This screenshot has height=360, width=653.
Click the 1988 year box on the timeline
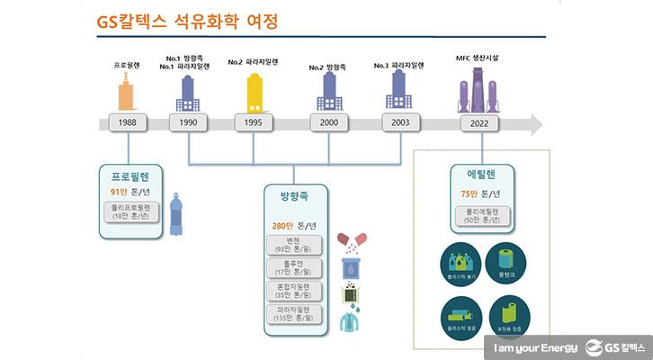(x=127, y=122)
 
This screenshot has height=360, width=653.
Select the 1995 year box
(x=253, y=122)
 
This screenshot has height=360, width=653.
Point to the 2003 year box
(x=399, y=122)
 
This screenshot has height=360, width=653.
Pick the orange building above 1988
(x=127, y=90)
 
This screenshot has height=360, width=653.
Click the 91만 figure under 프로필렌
(x=119, y=192)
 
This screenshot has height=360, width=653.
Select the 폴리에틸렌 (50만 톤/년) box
(x=476, y=215)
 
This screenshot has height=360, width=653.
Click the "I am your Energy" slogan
(x=531, y=346)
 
